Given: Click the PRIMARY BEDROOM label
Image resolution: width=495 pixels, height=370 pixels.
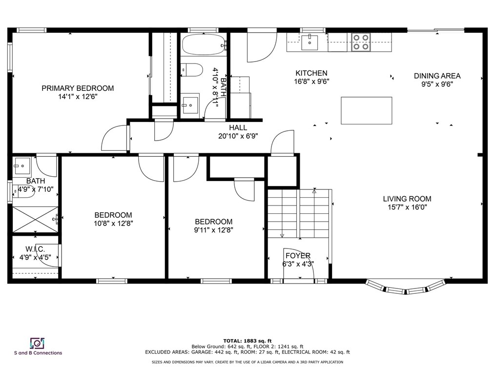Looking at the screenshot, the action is click(x=78, y=88).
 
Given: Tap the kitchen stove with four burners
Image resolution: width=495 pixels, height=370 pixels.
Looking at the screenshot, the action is click(x=361, y=42).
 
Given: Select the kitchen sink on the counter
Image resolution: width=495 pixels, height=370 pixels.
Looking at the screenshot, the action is click(x=309, y=42).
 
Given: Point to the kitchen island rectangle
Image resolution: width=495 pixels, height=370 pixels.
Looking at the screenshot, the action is click(x=367, y=110).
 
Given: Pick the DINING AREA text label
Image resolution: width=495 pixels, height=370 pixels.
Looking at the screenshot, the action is click(x=437, y=76).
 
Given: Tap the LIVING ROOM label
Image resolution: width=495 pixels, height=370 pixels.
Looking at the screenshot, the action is click(x=407, y=199).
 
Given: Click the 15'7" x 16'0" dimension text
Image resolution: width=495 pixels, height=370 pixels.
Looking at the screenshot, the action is click(x=407, y=207).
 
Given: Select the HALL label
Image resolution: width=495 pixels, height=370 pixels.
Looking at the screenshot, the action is click(x=238, y=127).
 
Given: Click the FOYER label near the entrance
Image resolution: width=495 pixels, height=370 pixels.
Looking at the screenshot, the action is click(x=298, y=255).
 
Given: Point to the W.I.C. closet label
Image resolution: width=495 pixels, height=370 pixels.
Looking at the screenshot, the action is click(x=35, y=249).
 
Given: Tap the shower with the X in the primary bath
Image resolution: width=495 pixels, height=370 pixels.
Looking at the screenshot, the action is click(x=35, y=220).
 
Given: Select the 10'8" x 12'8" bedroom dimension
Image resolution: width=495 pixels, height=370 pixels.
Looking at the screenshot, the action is click(x=113, y=224).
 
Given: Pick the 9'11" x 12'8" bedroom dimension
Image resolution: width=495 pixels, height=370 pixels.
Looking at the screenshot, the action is click(x=213, y=230).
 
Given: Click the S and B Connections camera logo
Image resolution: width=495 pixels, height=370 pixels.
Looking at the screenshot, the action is click(x=37, y=343).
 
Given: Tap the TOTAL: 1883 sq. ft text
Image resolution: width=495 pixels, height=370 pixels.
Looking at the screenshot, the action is click(x=247, y=341).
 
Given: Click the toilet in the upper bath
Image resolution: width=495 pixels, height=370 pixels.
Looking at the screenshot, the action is click(x=192, y=70).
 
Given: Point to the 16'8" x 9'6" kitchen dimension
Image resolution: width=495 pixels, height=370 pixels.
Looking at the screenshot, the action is click(x=311, y=82).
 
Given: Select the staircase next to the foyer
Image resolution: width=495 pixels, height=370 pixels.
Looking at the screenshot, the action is click(x=299, y=214).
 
